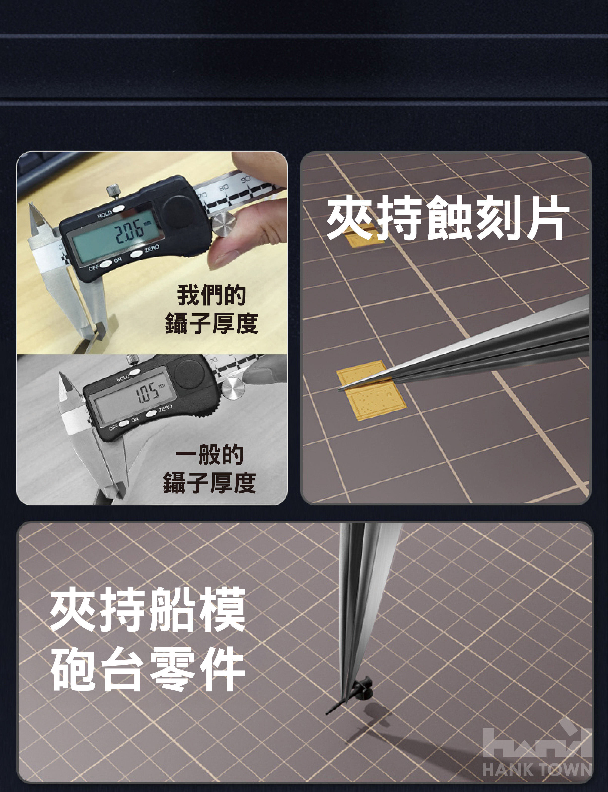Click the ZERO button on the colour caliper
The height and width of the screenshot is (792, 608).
[137, 254]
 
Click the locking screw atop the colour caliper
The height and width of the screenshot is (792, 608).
[113, 191]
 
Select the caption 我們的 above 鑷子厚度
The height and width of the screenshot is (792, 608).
[211, 295]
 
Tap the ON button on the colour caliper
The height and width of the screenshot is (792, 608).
[106, 264]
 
